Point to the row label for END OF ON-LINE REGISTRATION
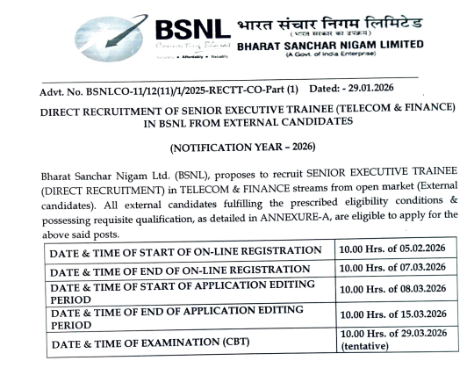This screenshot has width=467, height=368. (x=181, y=271)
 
